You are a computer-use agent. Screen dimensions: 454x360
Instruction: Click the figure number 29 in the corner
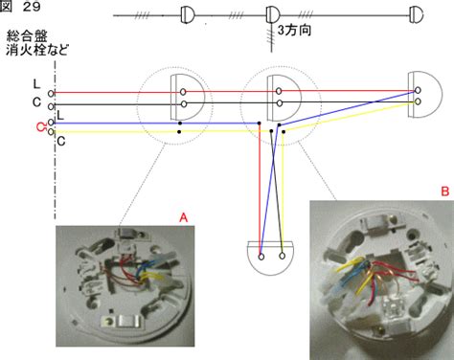(x=32, y=7)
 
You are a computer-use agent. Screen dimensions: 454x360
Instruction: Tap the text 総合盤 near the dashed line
(x=27, y=35)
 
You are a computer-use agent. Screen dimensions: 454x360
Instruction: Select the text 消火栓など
(x=37, y=50)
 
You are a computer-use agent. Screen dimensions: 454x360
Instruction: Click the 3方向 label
(x=294, y=31)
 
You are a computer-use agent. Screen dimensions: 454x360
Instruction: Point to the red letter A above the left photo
(x=183, y=217)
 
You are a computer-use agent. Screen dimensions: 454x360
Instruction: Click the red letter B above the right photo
(x=445, y=191)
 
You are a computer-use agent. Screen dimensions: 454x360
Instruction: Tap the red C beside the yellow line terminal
(x=40, y=127)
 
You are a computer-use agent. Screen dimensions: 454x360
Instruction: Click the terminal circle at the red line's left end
(x=51, y=93)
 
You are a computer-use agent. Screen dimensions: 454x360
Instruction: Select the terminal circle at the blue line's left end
(x=51, y=123)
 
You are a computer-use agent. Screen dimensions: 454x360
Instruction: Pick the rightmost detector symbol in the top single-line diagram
(x=417, y=15)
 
